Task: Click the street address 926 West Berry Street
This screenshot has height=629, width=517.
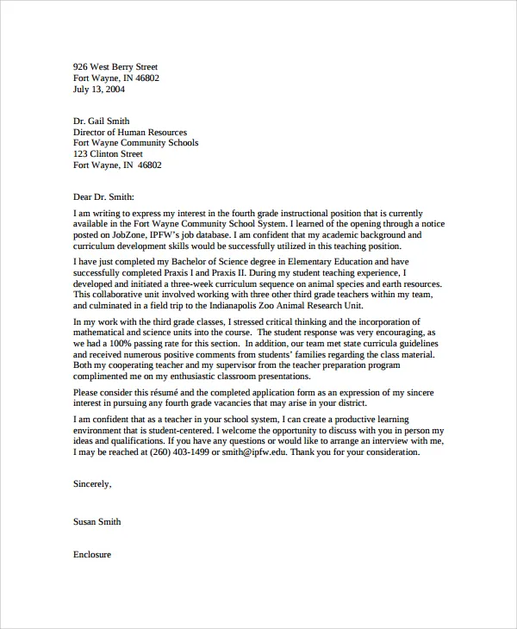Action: (115, 66)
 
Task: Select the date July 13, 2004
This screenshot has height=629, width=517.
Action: (99, 89)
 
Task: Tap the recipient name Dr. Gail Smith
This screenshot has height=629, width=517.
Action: (102, 121)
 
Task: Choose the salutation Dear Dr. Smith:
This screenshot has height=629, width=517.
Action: (104, 196)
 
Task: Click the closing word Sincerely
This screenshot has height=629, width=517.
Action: (92, 484)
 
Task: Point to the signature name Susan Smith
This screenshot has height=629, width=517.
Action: (97, 521)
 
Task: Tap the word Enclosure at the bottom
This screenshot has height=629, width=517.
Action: (92, 555)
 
